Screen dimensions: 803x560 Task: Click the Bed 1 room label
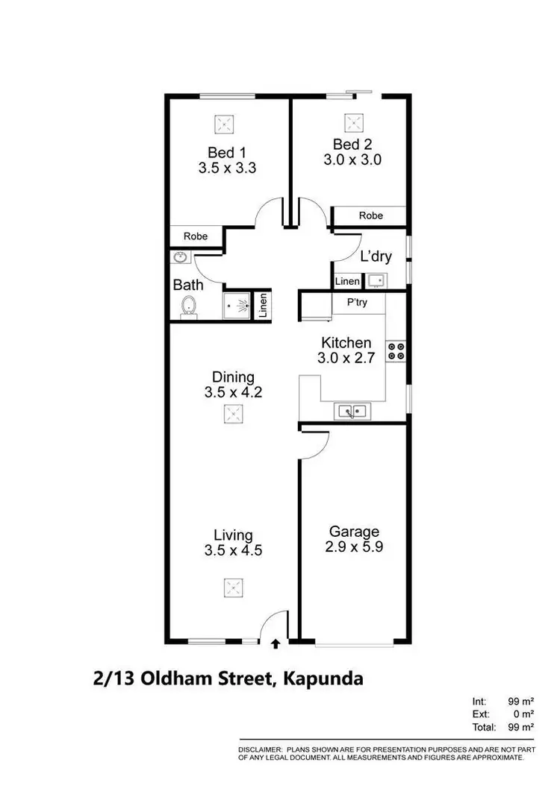pos(227,151)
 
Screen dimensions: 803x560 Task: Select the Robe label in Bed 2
pos(370,215)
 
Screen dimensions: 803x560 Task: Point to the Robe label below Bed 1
pos(196,236)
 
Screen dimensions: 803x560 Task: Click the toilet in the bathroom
pos(188,306)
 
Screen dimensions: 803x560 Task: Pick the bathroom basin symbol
pos(180,258)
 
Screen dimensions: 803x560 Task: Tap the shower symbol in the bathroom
pos(238,305)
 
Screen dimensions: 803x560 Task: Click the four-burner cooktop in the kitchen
pos(396,351)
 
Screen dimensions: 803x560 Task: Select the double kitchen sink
pos(352,410)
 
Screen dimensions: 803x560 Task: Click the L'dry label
pos(376,257)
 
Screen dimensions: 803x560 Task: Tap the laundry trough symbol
pos(376,280)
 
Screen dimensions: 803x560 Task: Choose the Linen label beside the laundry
pos(346,282)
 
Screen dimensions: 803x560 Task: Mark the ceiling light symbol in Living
pos(233,588)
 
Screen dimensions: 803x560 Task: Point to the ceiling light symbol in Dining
pos(233,415)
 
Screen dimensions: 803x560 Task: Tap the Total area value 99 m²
pos(520,727)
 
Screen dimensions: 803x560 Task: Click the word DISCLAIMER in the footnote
pos(259,748)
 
